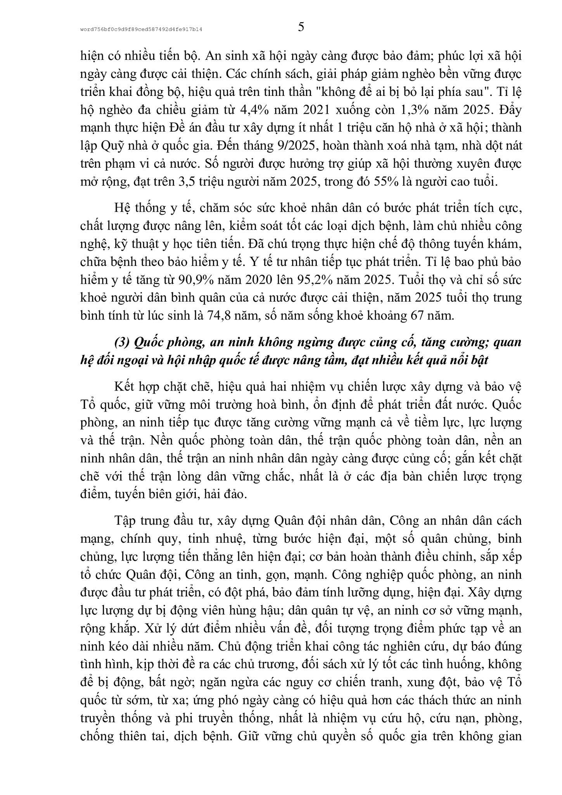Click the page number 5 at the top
click(301, 28)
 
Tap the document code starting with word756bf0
click(141, 29)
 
